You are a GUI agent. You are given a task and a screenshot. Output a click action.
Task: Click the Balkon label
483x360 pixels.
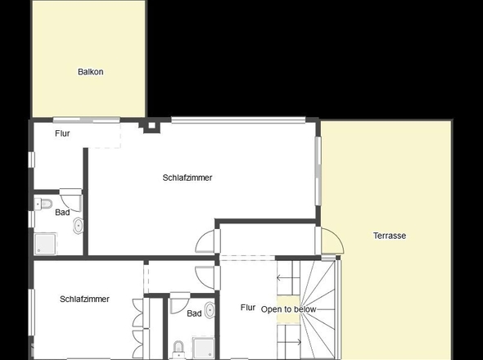pos(90,72)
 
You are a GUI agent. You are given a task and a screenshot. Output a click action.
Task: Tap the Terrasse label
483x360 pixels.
pos(390,236)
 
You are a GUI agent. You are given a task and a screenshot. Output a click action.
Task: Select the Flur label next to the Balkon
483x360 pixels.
pos(63,133)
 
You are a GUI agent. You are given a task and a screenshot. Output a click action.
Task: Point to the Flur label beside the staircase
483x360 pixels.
pos(248,308)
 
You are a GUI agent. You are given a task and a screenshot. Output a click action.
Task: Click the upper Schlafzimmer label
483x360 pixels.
pos(187,178)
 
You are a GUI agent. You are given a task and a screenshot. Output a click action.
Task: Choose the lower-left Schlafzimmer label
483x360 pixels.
pos(84,299)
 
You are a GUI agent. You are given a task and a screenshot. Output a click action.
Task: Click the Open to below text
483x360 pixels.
pos(288,309)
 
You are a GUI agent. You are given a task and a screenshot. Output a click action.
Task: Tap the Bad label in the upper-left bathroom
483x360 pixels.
pos(62,213)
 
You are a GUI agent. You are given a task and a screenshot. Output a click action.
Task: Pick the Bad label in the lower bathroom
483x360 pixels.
pos(194,313)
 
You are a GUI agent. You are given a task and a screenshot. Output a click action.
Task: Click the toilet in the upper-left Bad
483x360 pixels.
pos(45,203)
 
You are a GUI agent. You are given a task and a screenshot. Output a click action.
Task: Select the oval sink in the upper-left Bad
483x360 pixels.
pos(78,225)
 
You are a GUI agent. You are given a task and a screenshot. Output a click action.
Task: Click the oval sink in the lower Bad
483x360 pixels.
pos(210,310)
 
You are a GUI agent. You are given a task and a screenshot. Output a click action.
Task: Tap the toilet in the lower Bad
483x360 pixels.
pos(179,349)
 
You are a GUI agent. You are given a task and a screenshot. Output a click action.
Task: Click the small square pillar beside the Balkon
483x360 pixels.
pos(150,126)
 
